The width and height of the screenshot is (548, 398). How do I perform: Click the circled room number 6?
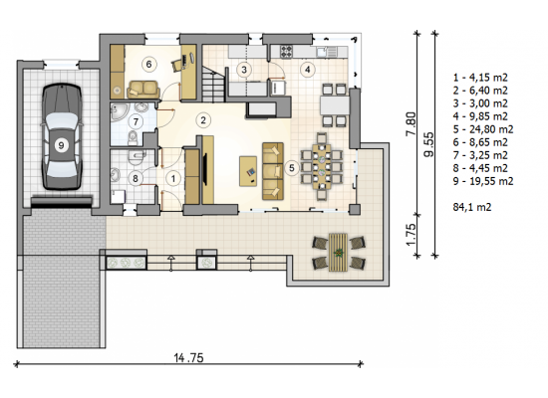point(148,65)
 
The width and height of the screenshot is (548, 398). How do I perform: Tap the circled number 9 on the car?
point(61,145)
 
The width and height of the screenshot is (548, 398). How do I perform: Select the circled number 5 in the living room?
point(292,168)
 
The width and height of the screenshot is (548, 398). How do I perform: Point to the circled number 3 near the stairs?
point(244,70)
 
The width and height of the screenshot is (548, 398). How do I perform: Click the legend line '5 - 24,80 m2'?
point(483,129)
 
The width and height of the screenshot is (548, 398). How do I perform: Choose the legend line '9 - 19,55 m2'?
point(483,181)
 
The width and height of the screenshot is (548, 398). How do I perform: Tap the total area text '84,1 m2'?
point(472,207)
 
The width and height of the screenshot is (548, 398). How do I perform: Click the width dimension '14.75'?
point(188,357)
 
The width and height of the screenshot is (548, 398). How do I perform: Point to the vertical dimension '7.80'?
point(411,123)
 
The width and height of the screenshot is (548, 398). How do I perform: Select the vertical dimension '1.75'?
point(411,234)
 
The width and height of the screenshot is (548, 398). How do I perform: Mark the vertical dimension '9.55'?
point(428,144)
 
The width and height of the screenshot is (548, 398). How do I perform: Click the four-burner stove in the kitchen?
point(286,53)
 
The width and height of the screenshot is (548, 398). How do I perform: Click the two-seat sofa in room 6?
point(143,90)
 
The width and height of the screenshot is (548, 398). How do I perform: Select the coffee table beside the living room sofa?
point(248,171)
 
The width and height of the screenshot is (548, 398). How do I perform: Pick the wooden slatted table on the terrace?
point(338,252)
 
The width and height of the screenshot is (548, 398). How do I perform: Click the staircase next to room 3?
point(213,85)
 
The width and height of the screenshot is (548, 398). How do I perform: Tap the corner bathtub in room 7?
point(119,112)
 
